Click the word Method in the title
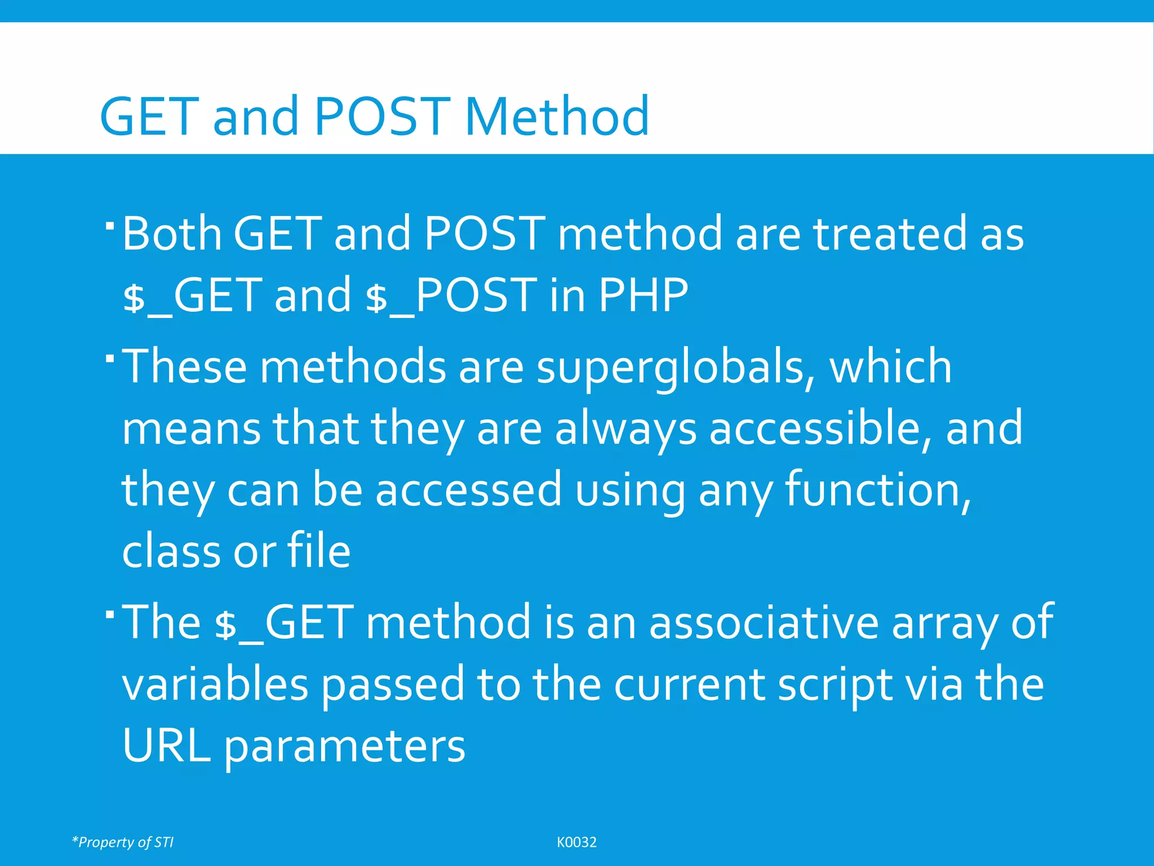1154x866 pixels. click(x=557, y=117)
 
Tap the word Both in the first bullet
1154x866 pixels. click(x=172, y=233)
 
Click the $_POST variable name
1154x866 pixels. click(x=451, y=295)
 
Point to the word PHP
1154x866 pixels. click(x=643, y=295)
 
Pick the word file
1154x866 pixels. click(x=319, y=551)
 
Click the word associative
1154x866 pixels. click(x=764, y=622)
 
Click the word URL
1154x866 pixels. click(x=166, y=745)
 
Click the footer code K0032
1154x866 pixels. click(x=576, y=842)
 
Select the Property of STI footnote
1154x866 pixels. click(x=123, y=842)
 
